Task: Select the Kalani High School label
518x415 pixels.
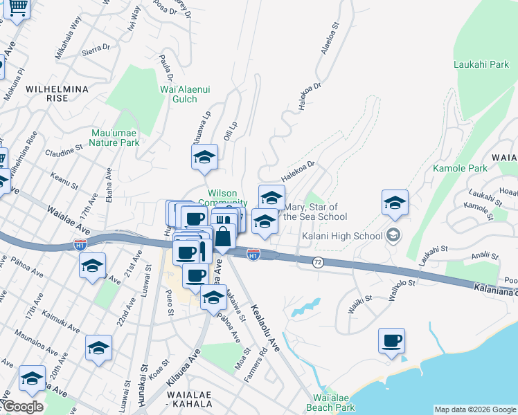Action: tap(342, 236)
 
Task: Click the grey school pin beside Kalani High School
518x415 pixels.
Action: tap(394, 236)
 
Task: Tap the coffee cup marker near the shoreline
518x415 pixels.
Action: tap(391, 341)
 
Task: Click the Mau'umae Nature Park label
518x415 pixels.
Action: tap(116, 138)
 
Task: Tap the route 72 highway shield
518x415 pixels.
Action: tap(318, 262)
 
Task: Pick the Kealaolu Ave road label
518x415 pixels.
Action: tap(265, 327)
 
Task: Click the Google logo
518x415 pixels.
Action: tap(22, 407)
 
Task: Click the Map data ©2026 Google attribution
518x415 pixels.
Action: tap(475, 409)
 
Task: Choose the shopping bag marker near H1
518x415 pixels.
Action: tap(224, 237)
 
